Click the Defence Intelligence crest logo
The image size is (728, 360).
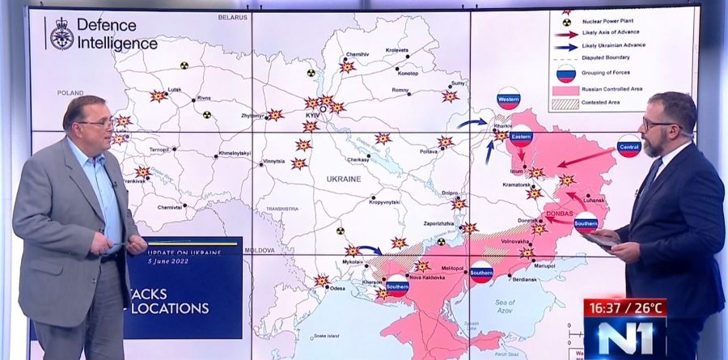61,35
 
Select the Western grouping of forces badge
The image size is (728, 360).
509,100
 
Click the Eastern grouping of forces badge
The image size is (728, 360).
522,138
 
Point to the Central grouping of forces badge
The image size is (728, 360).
629,146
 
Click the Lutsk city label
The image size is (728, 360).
174,89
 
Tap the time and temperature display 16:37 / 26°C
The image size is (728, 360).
624,307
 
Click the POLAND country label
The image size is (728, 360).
70,93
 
